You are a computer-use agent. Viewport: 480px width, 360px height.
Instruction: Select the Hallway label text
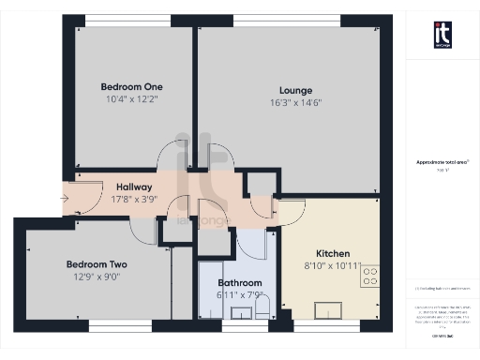tap(135, 187)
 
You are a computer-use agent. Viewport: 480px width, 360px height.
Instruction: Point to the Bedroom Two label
tap(96, 264)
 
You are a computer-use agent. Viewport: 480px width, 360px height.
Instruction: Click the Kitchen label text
tap(333, 254)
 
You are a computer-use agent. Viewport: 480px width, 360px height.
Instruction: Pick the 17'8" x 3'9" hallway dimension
tap(135, 199)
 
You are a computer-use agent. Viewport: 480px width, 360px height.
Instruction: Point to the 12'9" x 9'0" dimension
tap(97, 277)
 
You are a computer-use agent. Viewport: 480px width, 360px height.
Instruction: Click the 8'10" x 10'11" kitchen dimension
tap(333, 266)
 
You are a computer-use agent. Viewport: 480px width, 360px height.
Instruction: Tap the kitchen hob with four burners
tap(369, 276)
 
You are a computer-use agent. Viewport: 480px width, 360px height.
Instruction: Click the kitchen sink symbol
tap(333, 311)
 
